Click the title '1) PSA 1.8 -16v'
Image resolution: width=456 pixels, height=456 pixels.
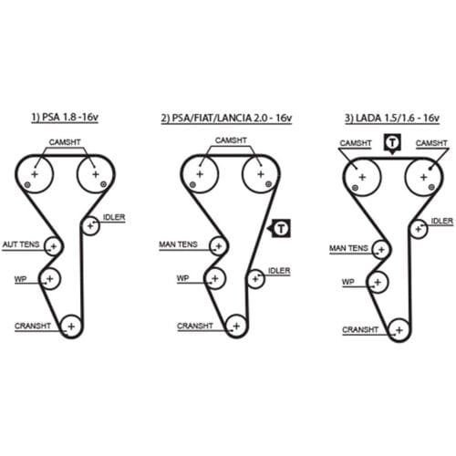click(x=65, y=117)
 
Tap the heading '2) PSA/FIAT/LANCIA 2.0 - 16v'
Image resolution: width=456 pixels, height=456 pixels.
click(x=226, y=118)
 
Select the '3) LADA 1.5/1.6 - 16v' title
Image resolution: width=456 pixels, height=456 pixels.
click(x=392, y=118)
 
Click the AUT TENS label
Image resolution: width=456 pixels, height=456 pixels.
click(x=21, y=244)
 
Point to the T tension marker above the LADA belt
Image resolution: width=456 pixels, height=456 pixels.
click(x=392, y=143)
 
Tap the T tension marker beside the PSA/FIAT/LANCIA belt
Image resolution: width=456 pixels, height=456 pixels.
click(x=280, y=228)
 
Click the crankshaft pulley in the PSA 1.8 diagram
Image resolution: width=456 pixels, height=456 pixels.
click(x=71, y=326)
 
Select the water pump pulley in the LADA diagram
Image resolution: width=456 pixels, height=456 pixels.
click(x=378, y=282)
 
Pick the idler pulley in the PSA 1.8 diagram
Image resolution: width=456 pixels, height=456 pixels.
click(x=90, y=226)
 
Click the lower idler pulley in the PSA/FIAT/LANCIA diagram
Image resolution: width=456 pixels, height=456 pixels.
click(x=255, y=279)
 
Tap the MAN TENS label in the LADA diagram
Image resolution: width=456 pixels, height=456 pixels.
click(x=348, y=248)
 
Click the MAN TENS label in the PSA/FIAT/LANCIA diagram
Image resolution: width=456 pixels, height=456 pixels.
click(x=178, y=244)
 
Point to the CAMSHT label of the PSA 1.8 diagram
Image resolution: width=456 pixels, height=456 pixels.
click(x=65, y=142)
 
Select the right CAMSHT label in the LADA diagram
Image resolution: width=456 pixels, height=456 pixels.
click(x=431, y=143)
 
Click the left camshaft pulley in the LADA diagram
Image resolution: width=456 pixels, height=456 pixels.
click(x=361, y=177)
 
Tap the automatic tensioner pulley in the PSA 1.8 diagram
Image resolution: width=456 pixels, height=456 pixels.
click(x=54, y=246)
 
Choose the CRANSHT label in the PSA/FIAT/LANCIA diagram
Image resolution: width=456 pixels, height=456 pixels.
click(x=195, y=326)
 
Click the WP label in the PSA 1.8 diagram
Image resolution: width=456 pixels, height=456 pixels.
click(x=20, y=279)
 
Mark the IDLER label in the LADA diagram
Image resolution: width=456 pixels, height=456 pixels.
click(x=442, y=221)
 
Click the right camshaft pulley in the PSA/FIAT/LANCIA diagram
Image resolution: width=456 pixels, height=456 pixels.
click(x=261, y=174)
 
